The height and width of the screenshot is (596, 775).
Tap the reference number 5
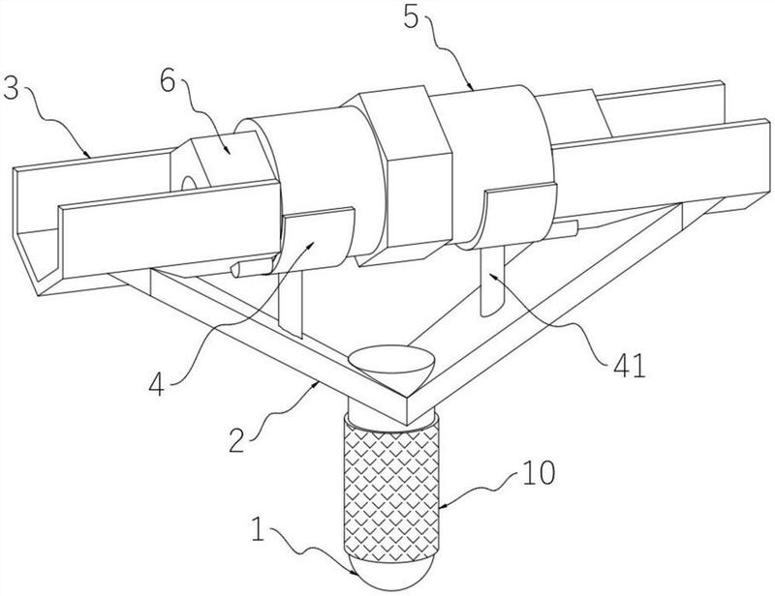411,17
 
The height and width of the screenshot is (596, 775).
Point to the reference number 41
629,366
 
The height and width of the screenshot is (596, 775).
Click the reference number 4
156,385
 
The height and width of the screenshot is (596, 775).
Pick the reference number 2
237,440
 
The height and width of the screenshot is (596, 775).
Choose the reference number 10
539,472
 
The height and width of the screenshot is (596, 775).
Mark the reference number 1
258,529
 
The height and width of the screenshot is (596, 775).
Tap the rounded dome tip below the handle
391,573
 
